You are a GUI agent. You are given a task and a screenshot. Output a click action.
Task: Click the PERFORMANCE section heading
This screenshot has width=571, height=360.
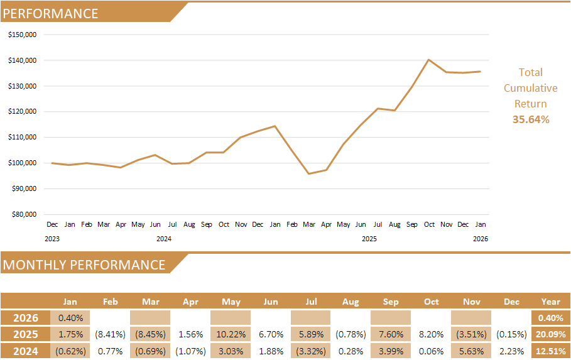pos(51,13)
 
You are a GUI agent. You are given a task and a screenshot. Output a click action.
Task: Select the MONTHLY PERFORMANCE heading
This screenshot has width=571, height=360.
pos(84,265)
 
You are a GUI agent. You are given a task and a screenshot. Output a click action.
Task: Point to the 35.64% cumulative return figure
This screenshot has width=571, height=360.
pos(531,119)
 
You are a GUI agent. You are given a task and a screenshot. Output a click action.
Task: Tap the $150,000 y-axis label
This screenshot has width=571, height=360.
pos(23,35)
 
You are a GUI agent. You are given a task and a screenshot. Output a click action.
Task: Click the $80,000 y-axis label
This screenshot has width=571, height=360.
pos(24,214)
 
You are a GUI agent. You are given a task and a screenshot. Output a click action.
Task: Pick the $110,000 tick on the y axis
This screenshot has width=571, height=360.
pos(23,137)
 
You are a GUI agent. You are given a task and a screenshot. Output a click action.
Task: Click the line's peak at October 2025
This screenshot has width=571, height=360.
pos(428,60)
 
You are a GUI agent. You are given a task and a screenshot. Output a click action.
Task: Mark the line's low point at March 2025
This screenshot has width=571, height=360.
pos(309,173)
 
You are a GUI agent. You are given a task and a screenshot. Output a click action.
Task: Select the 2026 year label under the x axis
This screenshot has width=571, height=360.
pos(480,239)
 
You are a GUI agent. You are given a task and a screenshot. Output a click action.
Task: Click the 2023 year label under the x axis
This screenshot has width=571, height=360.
pos(52,239)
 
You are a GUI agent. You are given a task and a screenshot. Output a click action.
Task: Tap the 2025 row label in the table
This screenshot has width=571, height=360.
pos(26,334)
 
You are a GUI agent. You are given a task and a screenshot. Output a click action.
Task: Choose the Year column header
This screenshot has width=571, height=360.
pos(550,302)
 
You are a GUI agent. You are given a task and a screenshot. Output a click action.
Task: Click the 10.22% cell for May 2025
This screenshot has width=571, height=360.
pos(230,334)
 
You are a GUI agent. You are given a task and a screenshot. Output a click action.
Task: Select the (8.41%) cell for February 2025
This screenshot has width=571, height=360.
pos(110,334)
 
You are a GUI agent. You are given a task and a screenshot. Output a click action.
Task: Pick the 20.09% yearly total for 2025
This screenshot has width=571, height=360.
pos(550,334)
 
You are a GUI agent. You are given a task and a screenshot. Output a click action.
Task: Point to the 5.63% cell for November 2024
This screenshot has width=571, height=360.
pos(471,351)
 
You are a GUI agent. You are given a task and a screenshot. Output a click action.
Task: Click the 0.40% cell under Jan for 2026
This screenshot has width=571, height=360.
pos(70,318)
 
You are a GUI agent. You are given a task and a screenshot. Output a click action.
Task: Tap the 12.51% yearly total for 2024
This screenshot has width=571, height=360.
pos(550,351)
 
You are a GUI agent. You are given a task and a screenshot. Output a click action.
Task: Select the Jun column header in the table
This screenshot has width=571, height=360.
pos(271,302)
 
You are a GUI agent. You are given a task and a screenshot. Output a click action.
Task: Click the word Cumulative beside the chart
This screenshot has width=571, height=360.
pos(531,88)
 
